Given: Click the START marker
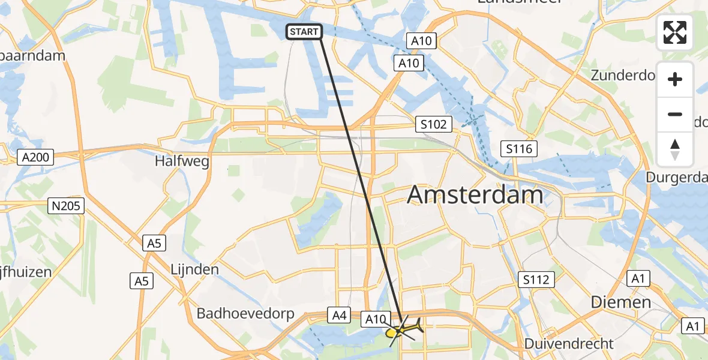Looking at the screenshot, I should (x=304, y=32).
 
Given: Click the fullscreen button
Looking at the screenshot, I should (x=675, y=32).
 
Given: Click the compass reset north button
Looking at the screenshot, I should (x=675, y=149).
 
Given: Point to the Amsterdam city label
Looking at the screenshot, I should (x=475, y=195).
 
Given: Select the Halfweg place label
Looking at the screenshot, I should (x=181, y=161).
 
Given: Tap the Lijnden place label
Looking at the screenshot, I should (x=194, y=269).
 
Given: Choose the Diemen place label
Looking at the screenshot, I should (x=621, y=302).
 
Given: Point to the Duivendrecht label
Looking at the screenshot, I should (x=569, y=344).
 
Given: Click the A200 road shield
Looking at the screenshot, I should (x=36, y=158).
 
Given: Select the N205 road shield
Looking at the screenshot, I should (x=67, y=206).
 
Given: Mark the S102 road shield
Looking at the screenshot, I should (x=433, y=125).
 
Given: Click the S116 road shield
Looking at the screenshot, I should (x=519, y=149).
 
